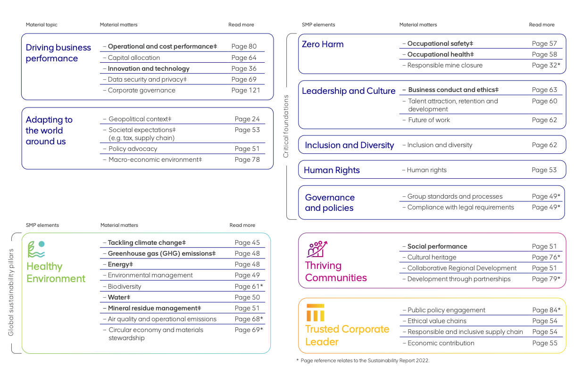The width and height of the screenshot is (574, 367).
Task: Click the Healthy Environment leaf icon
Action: click(36, 249)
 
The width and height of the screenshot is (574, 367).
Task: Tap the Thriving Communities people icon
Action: click(317, 249)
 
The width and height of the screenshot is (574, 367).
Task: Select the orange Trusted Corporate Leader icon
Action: click(315, 312)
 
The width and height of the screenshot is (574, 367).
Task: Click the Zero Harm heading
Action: click(323, 44)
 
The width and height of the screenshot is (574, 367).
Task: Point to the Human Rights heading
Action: click(332, 170)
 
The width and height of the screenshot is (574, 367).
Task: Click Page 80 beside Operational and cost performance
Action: click(244, 46)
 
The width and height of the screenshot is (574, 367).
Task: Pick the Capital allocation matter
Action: click(134, 58)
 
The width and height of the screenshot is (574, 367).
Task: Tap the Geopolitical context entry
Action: click(140, 119)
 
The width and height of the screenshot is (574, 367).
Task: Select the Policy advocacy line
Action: click(133, 149)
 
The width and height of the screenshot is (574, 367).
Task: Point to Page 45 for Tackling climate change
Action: click(247, 242)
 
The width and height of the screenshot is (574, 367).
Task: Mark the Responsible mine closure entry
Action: click(445, 65)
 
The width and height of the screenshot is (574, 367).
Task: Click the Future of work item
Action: click(429, 120)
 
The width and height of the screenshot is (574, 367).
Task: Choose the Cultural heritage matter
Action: click(432, 257)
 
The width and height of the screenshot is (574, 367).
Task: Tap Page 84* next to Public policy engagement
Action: click(546, 310)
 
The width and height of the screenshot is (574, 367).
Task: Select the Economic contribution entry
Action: click(441, 343)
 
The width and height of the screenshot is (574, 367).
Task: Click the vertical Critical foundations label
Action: click(285, 126)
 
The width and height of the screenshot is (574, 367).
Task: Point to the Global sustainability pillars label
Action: click(11, 292)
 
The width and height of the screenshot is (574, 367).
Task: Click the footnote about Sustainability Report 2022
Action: click(363, 360)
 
